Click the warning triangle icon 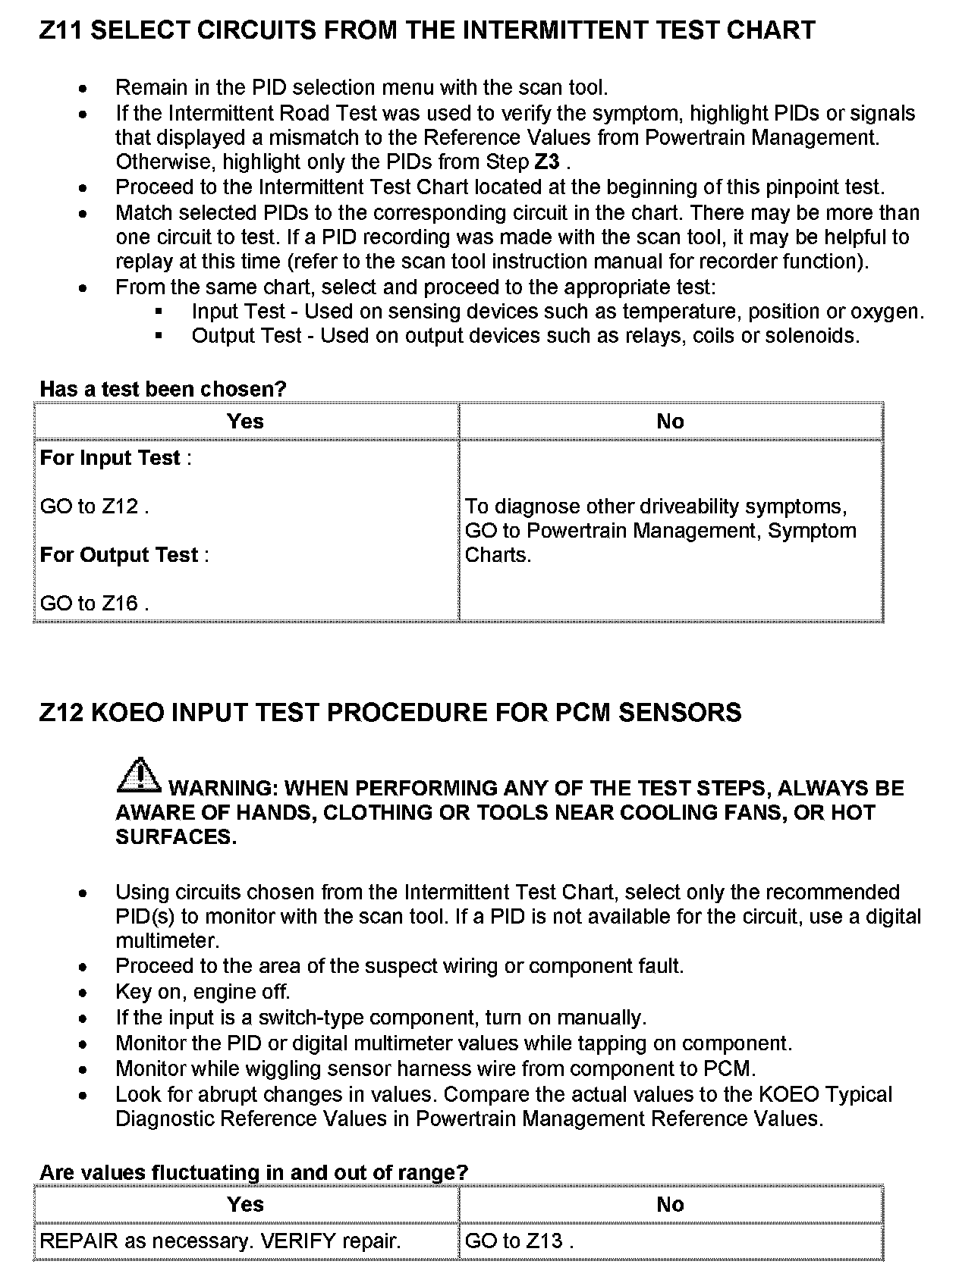[138, 774]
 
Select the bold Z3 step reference [546, 162]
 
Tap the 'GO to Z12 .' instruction [94, 507]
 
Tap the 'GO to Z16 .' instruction [94, 604]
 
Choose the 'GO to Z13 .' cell [519, 1241]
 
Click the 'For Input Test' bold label [111, 458]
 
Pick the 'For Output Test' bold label [120, 555]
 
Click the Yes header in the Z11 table [245, 422]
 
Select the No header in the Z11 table [670, 422]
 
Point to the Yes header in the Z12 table [245, 1205]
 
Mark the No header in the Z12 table [670, 1205]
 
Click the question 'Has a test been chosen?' [163, 390]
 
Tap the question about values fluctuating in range [253, 1172]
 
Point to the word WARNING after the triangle [221, 789]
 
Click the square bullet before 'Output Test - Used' [159, 336]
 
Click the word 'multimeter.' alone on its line [167, 941]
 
